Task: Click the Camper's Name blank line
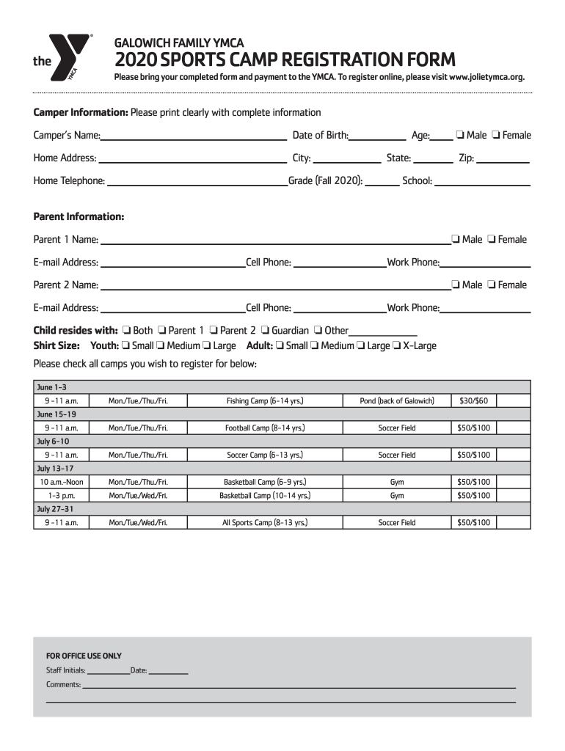point(194,136)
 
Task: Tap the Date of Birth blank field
point(378,136)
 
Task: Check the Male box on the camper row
point(459,135)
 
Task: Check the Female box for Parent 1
point(492,239)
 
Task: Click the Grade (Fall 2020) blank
point(382,181)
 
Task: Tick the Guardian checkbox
point(266,331)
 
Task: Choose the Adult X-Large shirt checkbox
point(396,346)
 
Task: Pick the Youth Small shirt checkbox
point(126,346)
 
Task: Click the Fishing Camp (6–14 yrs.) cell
point(265,400)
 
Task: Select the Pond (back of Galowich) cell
point(397,400)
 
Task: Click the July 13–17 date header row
point(282,468)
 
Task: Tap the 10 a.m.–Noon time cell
point(62,482)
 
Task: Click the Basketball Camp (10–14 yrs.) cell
point(265,496)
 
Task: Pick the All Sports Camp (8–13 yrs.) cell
point(265,523)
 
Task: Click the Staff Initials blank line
point(108,670)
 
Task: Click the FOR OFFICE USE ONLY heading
point(84,656)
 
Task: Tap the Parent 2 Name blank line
point(274,285)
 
